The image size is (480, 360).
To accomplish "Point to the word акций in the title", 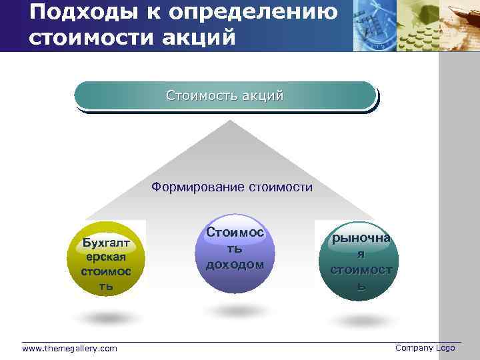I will (201, 37).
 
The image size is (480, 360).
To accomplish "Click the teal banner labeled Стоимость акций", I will (225, 95).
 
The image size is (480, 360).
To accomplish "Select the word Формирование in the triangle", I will (198, 187).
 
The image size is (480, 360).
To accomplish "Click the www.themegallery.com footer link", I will (69, 349).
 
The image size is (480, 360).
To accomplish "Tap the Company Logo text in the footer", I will (425, 348).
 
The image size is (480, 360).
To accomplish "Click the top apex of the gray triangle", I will (229, 122).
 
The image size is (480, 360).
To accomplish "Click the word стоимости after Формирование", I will (281, 187).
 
